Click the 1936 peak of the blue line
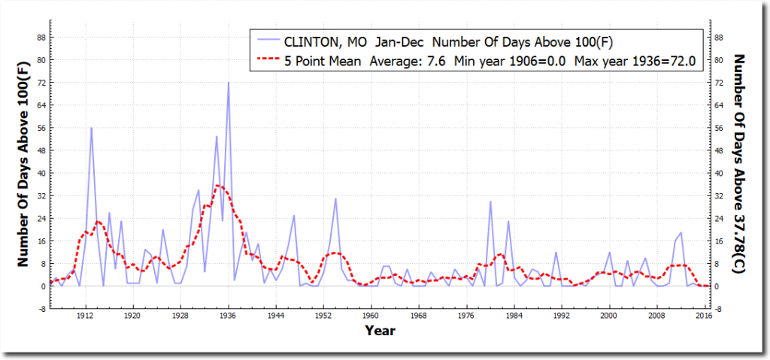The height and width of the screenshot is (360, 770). click(x=228, y=83)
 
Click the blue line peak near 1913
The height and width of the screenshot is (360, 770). click(x=91, y=128)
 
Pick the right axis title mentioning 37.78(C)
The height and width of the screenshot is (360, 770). click(x=739, y=169)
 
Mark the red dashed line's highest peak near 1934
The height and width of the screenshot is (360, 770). click(x=217, y=185)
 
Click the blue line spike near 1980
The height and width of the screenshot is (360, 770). click(x=490, y=201)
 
